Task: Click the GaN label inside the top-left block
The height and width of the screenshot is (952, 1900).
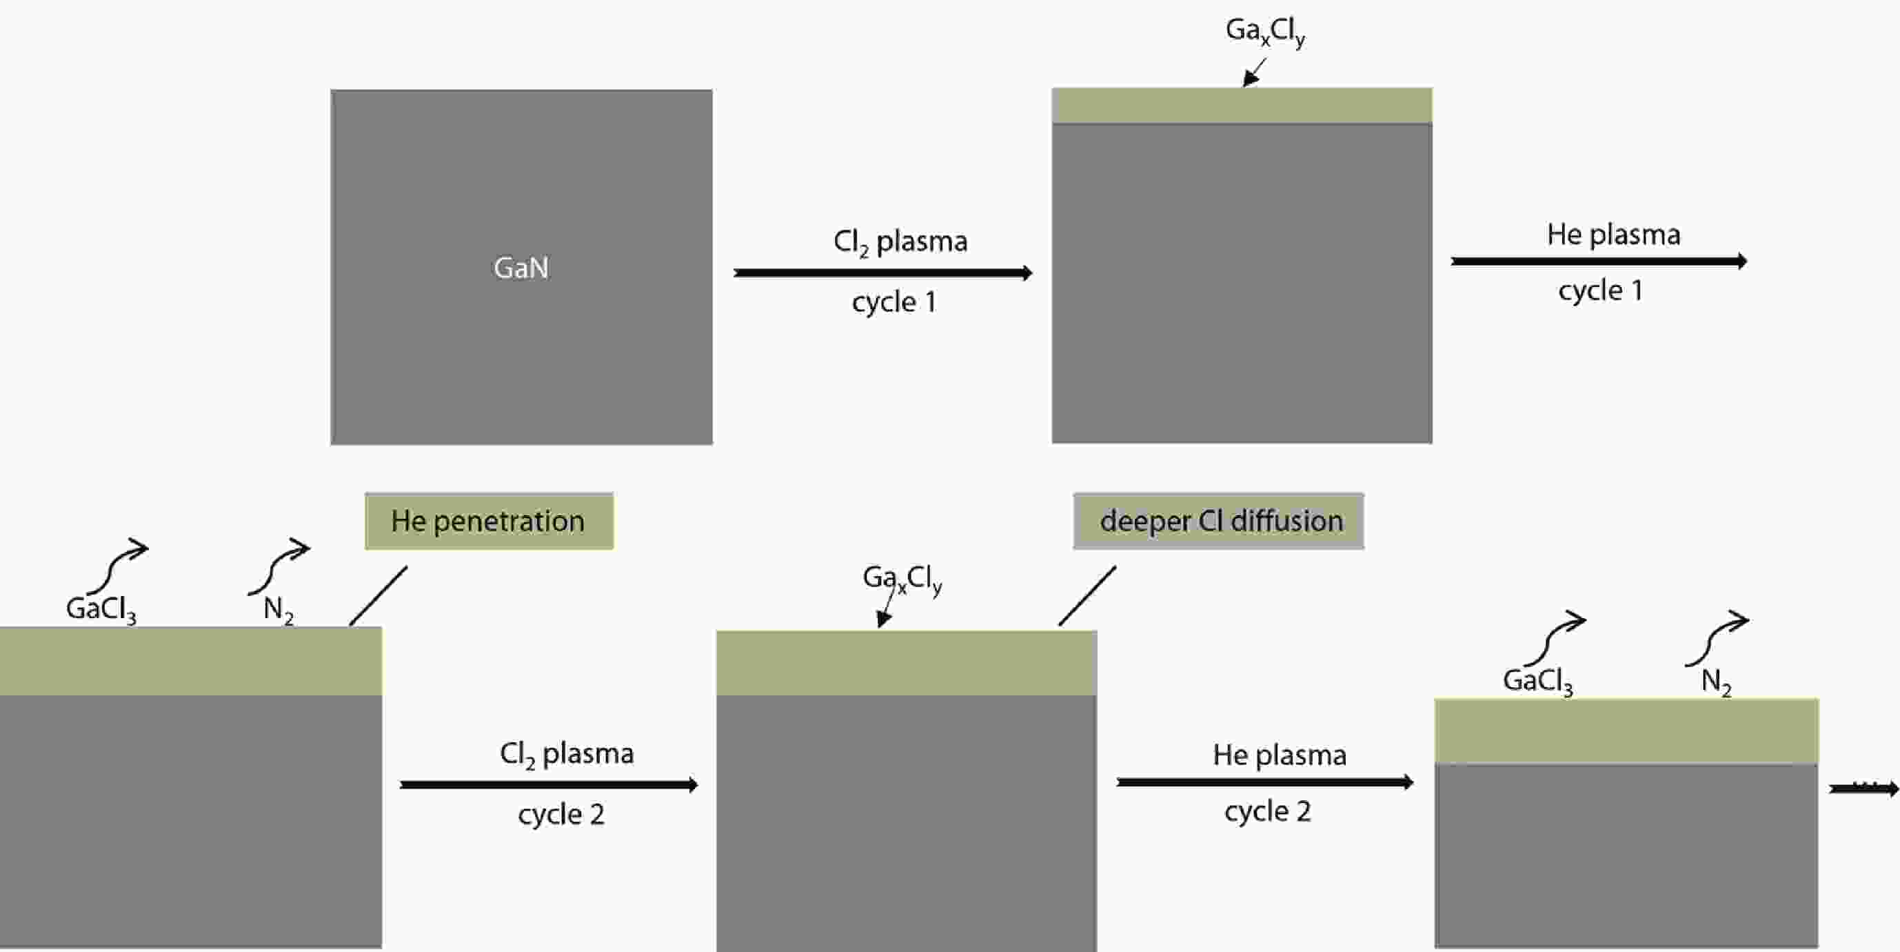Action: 521,268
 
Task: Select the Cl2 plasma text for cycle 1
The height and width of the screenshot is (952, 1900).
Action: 900,242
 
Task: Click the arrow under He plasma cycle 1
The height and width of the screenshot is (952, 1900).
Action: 1597,261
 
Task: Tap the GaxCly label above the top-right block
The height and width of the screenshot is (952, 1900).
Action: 1265,32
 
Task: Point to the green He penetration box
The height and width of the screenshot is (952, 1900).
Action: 488,521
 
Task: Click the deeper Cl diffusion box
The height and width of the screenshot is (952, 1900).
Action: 1218,521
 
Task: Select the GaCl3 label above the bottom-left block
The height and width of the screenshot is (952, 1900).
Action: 101,610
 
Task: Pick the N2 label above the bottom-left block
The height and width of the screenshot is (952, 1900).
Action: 278,610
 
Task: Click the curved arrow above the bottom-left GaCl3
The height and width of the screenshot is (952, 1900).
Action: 118,564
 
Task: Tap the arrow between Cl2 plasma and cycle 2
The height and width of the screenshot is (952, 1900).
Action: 548,784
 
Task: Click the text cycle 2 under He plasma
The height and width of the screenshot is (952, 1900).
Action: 1267,812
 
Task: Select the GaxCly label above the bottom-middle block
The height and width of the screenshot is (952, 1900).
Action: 901,578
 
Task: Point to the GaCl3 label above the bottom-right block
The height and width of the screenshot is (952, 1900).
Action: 1537,680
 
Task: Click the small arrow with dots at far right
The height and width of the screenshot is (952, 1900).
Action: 1864,789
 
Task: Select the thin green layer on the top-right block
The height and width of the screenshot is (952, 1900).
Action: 1242,106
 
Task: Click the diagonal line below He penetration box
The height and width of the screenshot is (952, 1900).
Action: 378,596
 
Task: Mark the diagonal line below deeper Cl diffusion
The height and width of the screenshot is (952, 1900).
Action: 1087,596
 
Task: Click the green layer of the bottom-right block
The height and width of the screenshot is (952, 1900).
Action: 1626,731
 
